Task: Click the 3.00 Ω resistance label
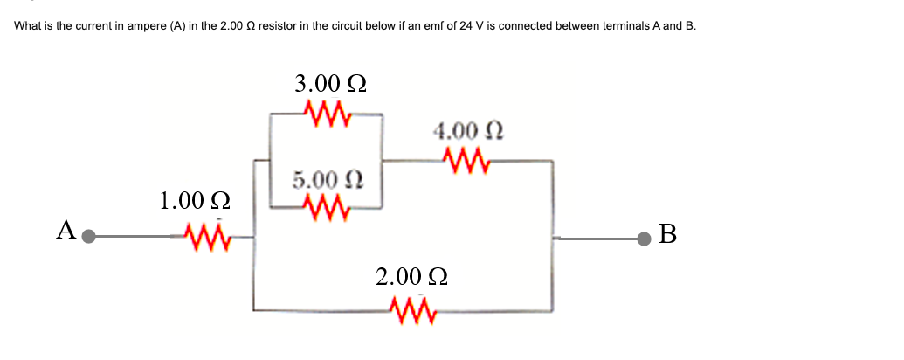tap(330, 84)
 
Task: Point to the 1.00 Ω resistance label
tap(195, 201)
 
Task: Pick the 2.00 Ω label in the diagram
tap(412, 277)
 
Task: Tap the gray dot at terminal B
tap(645, 237)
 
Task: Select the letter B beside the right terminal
tap(668, 234)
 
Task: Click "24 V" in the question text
tap(473, 25)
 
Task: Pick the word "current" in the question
tap(88, 25)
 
